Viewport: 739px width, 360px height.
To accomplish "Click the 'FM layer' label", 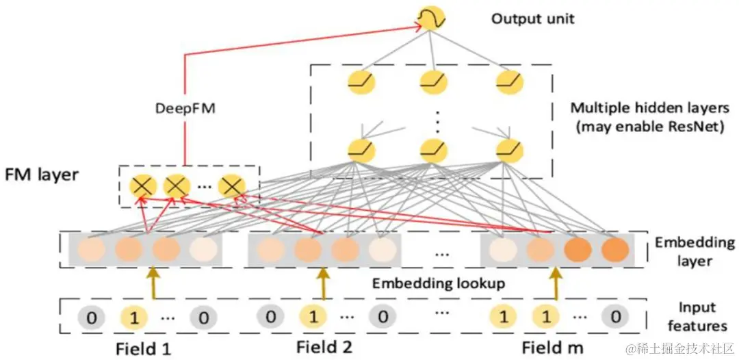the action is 41,175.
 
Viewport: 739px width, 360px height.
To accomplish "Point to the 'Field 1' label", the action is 143,348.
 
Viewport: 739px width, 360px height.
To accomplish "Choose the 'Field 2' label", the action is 324,347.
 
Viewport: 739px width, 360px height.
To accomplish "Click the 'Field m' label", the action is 552,348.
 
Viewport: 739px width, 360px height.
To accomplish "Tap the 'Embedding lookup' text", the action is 439,283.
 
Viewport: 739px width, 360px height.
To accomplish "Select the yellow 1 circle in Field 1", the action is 134,318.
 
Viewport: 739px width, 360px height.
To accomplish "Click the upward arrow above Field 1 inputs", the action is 153,283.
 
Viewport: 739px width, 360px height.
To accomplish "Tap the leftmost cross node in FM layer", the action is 142,187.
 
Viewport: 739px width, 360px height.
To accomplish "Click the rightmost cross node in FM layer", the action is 231,187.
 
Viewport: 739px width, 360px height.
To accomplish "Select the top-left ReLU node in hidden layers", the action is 361,82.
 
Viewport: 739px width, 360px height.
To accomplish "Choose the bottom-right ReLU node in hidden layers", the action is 510,151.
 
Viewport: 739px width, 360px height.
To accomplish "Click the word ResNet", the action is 701,127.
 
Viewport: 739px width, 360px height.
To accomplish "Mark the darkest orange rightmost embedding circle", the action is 615,250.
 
